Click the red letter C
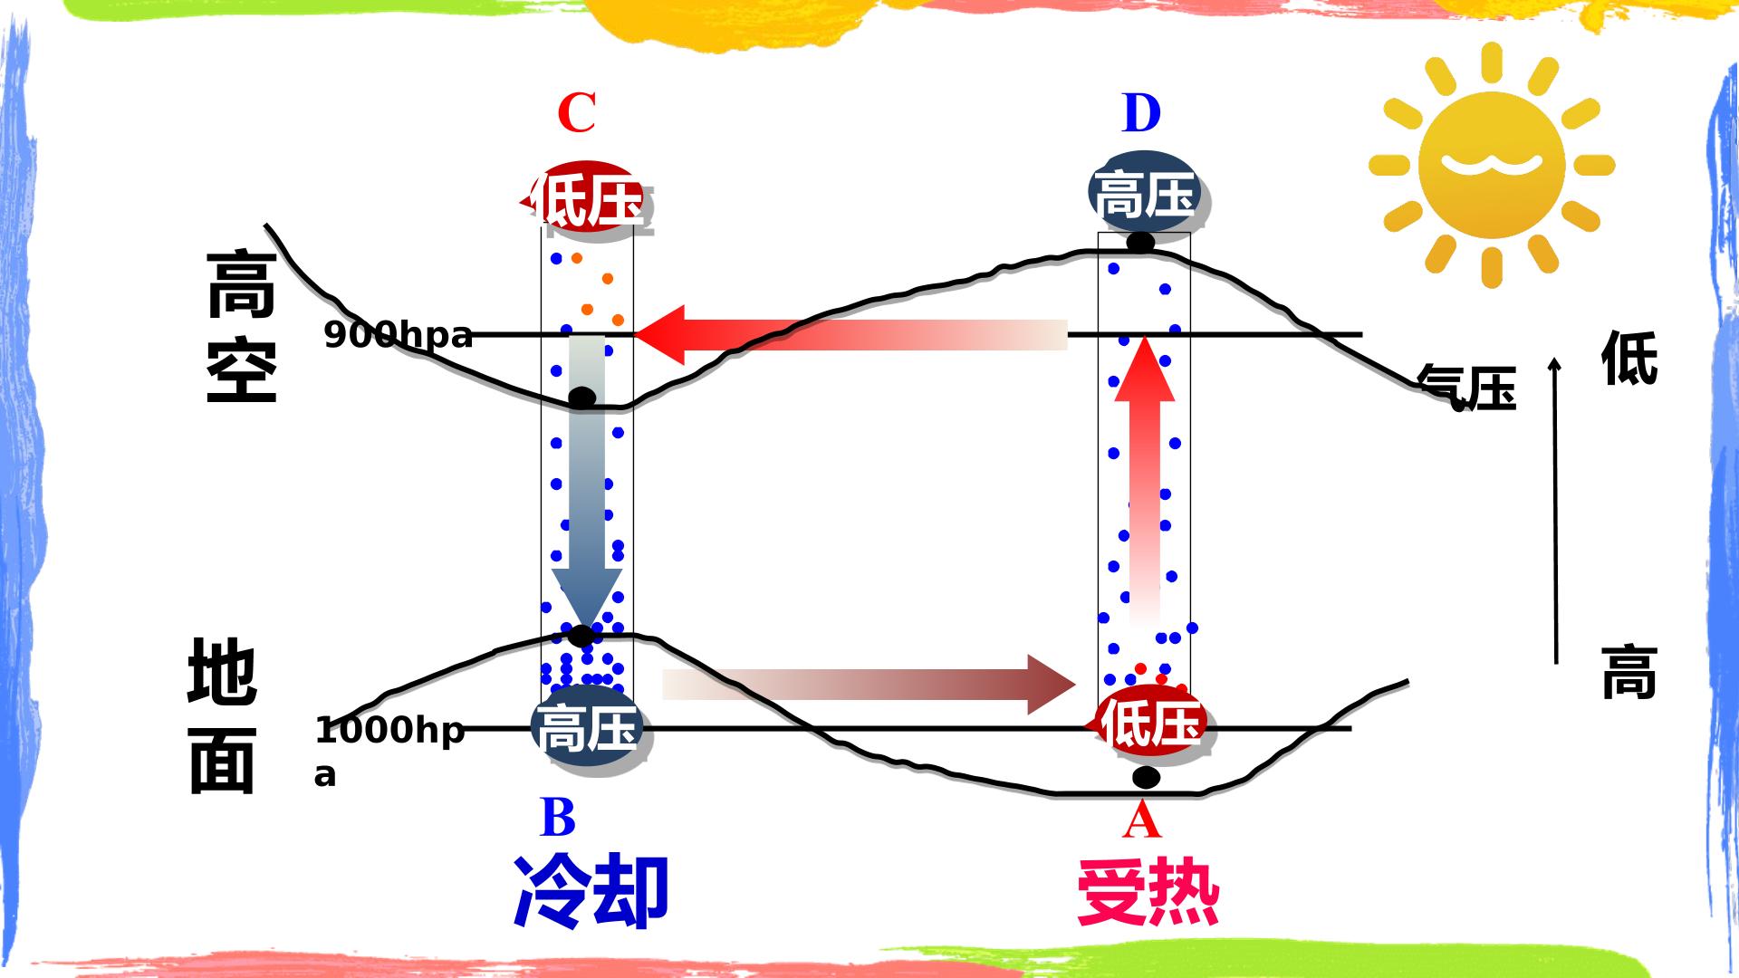pos(577,113)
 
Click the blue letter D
pos(1141,113)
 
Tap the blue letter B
pos(558,818)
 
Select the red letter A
pos(1141,820)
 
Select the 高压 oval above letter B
pos(587,728)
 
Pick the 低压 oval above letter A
pos(1148,724)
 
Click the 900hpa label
pos(399,335)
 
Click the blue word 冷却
pos(591,891)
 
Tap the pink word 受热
pos(1148,891)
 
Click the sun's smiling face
pos(1492,164)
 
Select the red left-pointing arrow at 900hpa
pos(850,335)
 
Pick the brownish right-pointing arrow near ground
pos(869,685)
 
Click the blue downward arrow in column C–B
pos(587,484)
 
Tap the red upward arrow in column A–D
pos(1145,481)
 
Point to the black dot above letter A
pos(1146,778)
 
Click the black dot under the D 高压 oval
pos(1140,243)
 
